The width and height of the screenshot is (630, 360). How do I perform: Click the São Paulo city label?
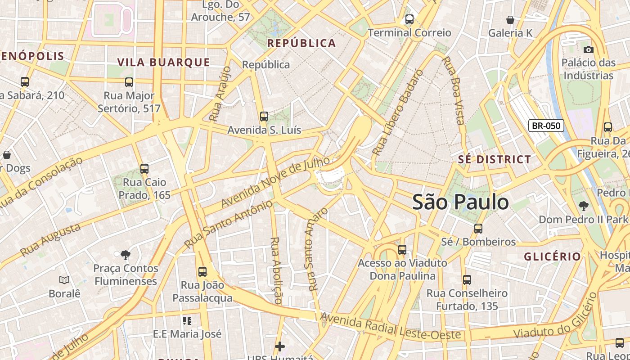460,202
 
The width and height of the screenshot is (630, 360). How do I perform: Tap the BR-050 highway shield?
546,126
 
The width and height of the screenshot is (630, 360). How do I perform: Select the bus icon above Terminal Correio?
409,19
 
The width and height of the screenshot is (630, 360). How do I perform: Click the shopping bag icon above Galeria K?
510,20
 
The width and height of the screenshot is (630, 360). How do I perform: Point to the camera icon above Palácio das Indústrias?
588,49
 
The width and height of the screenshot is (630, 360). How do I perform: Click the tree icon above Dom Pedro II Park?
583,206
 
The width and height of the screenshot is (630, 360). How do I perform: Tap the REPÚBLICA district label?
301,43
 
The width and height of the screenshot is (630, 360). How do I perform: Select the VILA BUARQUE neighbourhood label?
164,62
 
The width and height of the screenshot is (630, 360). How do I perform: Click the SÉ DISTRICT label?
495,159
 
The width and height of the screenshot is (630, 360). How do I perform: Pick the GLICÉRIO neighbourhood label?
553,256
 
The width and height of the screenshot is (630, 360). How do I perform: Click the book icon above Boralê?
64,280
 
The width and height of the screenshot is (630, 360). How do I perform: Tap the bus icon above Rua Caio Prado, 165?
144,169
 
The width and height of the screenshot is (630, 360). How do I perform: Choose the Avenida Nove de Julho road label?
272,183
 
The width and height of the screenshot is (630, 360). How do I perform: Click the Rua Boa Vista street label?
454,90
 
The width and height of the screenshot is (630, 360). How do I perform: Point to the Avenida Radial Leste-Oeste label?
390,327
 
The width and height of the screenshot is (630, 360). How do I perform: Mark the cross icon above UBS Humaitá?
280,346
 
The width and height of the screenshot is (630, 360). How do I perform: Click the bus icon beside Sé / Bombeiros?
478,229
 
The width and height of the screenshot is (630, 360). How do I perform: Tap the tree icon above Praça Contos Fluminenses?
126,255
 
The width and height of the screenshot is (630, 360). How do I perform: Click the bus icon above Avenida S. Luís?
264,117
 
